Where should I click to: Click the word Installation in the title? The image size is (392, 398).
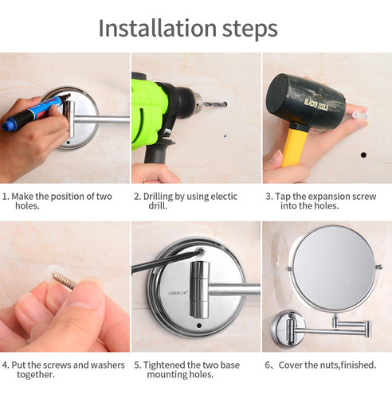point(158,28)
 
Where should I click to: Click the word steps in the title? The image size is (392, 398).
point(250,30)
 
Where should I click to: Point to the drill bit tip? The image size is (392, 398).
point(225,104)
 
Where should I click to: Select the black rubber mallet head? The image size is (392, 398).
point(305,103)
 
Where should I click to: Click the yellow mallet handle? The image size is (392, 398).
point(294,145)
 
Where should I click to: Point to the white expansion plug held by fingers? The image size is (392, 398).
point(360,115)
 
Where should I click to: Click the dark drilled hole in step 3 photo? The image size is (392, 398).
point(363,154)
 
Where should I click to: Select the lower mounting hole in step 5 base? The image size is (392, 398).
point(199,326)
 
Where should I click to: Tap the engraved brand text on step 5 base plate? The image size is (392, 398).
point(178,293)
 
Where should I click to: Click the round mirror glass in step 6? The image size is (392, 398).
point(334,268)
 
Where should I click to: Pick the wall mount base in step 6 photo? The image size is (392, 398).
point(288,329)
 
